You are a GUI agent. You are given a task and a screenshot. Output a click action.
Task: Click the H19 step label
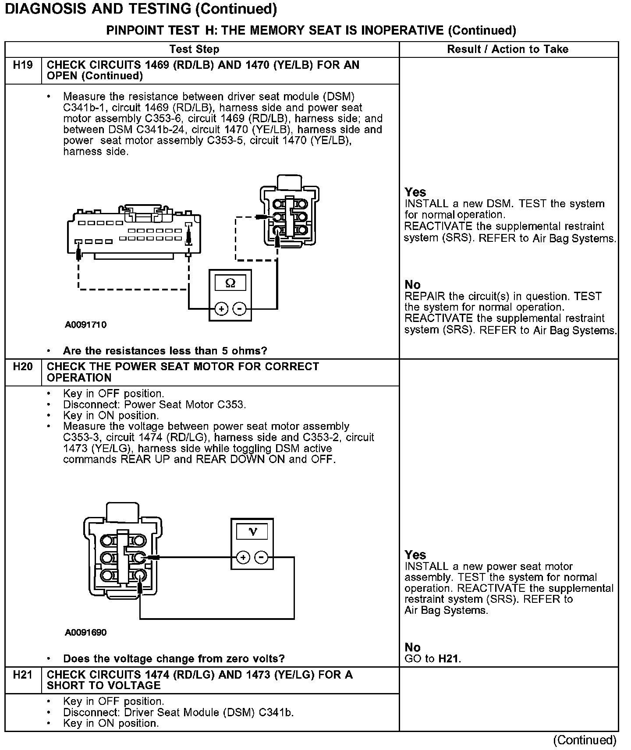[23, 65]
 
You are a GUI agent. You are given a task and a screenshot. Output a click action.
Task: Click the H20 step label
[23, 367]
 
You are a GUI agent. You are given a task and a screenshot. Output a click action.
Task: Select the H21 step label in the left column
[23, 675]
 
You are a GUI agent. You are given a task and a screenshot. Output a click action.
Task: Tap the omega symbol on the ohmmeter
[230, 283]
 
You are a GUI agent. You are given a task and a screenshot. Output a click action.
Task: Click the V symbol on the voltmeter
[252, 532]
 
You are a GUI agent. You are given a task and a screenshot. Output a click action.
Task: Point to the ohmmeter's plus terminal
[221, 309]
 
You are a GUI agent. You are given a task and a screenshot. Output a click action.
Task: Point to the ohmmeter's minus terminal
[239, 309]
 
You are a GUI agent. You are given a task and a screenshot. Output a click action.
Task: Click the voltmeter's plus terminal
[243, 557]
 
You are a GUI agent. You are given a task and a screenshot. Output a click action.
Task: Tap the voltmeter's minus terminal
[261, 557]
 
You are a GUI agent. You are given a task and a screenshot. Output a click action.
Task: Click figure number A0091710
[85, 325]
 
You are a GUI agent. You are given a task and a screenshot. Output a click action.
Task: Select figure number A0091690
[85, 633]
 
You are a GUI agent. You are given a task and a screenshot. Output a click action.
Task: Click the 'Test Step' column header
[194, 49]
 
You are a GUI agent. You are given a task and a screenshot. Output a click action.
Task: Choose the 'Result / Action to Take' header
[507, 49]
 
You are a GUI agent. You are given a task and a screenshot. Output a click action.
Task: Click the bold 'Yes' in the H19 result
[415, 192]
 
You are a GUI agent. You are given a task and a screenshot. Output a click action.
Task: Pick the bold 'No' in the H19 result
[412, 284]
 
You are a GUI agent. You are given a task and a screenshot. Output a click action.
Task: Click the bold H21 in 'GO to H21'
[449, 658]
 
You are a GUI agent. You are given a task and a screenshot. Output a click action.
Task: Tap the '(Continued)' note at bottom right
[585, 740]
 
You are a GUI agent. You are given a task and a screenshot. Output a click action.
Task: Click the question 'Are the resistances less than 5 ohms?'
[165, 351]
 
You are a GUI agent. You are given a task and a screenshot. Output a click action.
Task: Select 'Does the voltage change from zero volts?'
[174, 658]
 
